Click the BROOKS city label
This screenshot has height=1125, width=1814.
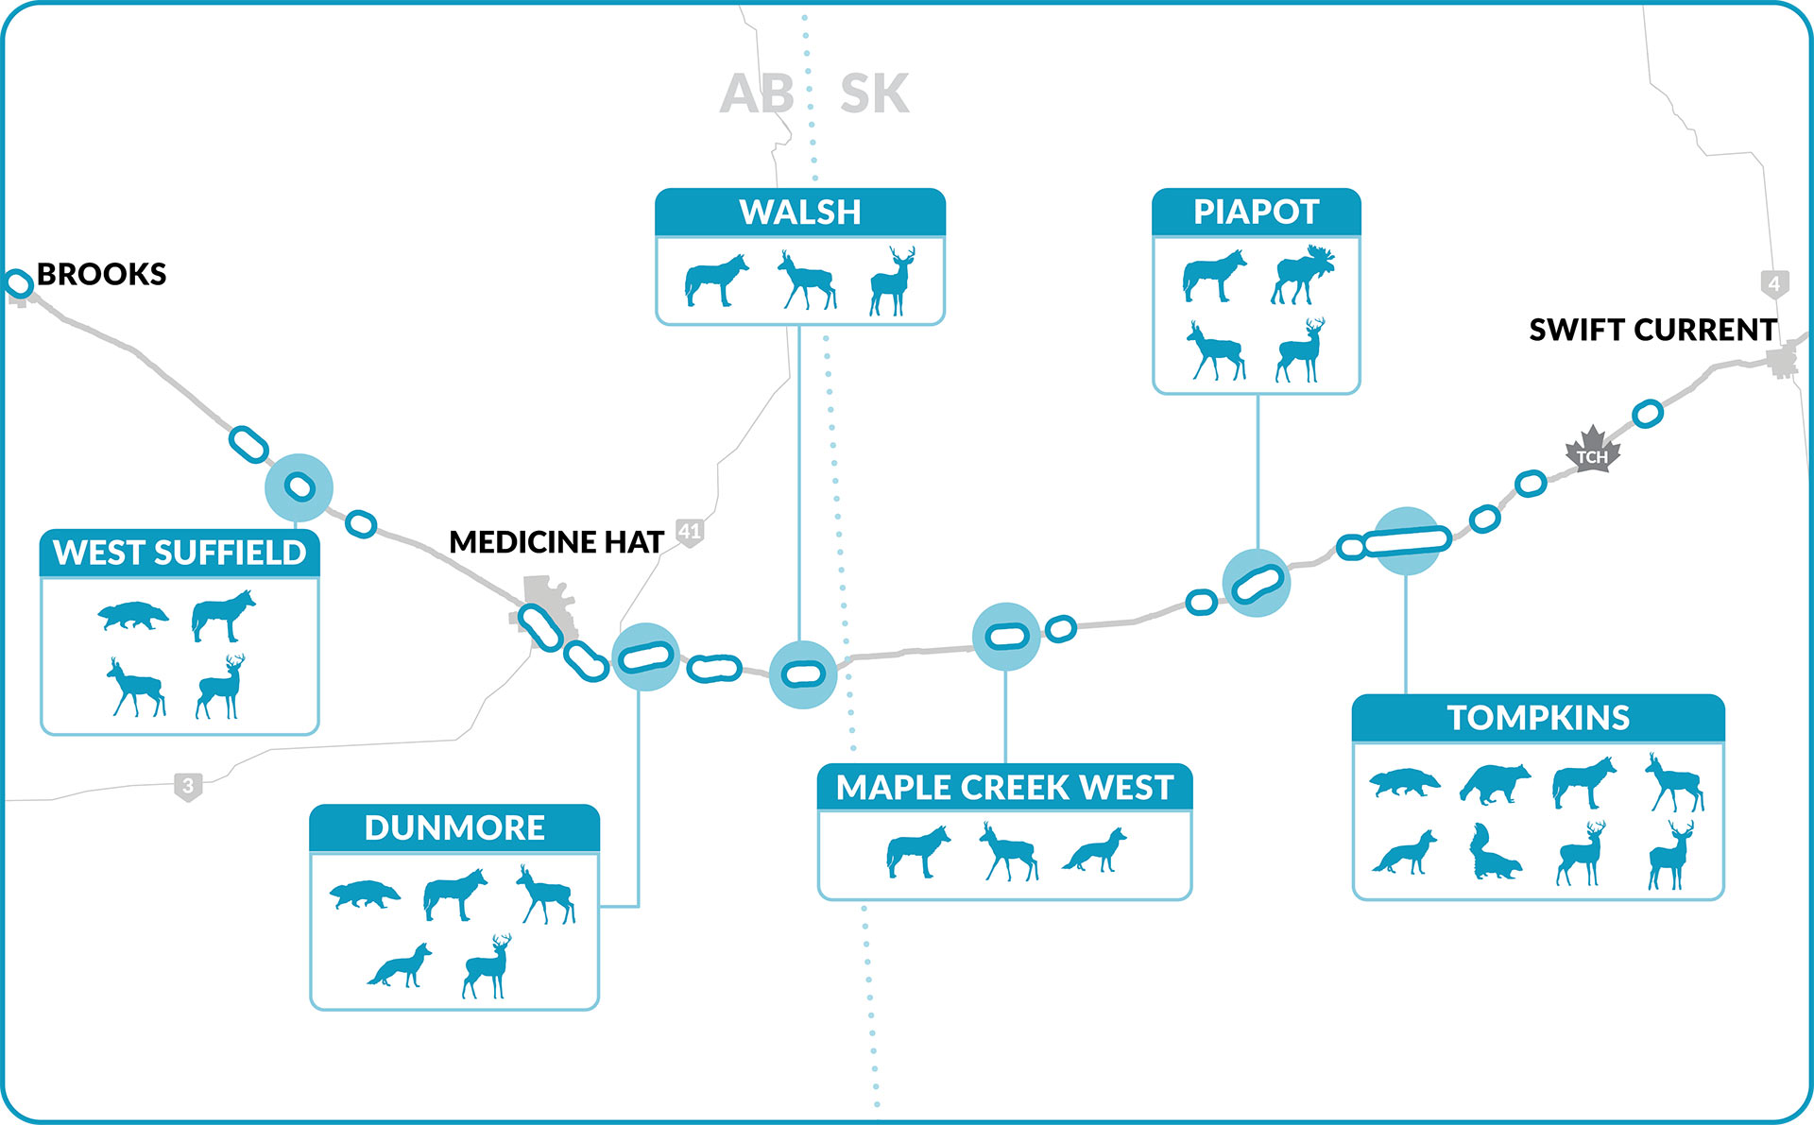[101, 274]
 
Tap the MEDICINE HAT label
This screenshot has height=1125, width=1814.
[556, 542]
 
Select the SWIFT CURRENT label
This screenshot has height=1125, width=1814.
[1652, 330]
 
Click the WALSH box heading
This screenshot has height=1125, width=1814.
[800, 213]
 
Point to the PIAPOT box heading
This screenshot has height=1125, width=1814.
[1256, 213]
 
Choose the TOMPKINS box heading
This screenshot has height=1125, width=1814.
[1538, 718]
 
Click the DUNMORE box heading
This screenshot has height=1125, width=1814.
[454, 828]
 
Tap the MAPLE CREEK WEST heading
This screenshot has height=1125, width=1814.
[1004, 788]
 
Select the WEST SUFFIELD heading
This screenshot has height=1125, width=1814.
[180, 553]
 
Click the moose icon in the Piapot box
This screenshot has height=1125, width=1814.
[1303, 275]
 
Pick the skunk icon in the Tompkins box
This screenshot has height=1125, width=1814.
[1494, 853]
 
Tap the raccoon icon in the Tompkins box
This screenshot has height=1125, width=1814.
[1494, 784]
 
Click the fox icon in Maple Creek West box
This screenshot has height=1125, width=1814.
[1095, 851]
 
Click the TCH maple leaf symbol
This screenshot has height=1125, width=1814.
[1592, 451]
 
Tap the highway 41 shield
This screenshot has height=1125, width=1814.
[690, 532]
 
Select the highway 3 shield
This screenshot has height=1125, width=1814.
[188, 786]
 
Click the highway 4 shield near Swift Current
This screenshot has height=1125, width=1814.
[1774, 283]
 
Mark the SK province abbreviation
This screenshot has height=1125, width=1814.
[874, 94]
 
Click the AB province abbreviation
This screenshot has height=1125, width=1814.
[756, 94]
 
